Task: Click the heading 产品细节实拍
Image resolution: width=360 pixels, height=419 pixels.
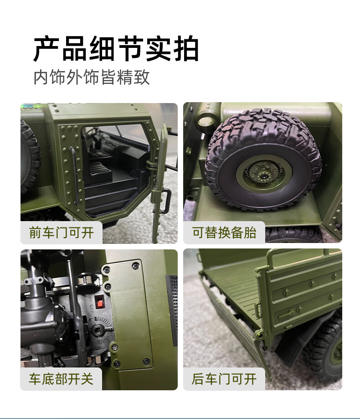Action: point(116,49)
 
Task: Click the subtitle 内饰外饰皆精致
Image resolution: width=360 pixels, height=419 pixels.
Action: point(92,77)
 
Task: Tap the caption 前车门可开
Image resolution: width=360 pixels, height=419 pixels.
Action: point(62,233)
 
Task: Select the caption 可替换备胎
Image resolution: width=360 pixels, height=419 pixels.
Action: point(224,233)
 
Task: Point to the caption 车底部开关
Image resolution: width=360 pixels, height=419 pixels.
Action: point(61,379)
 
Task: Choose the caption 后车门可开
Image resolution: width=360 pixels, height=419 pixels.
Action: point(224,379)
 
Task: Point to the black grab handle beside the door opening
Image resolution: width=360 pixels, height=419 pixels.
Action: point(74,175)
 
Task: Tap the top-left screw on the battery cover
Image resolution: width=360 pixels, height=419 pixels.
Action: point(107,270)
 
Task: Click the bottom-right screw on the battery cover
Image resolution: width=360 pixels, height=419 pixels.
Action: point(146,362)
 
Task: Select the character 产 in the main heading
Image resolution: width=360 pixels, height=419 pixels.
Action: point(46,49)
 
